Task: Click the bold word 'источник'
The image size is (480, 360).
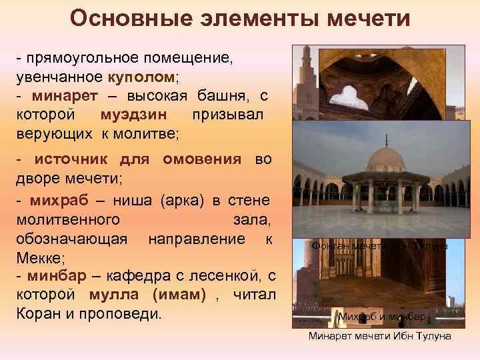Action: click(x=73, y=161)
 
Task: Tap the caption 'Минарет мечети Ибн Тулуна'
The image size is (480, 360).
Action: click(x=379, y=337)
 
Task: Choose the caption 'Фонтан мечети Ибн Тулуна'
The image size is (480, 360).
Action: click(x=379, y=246)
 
